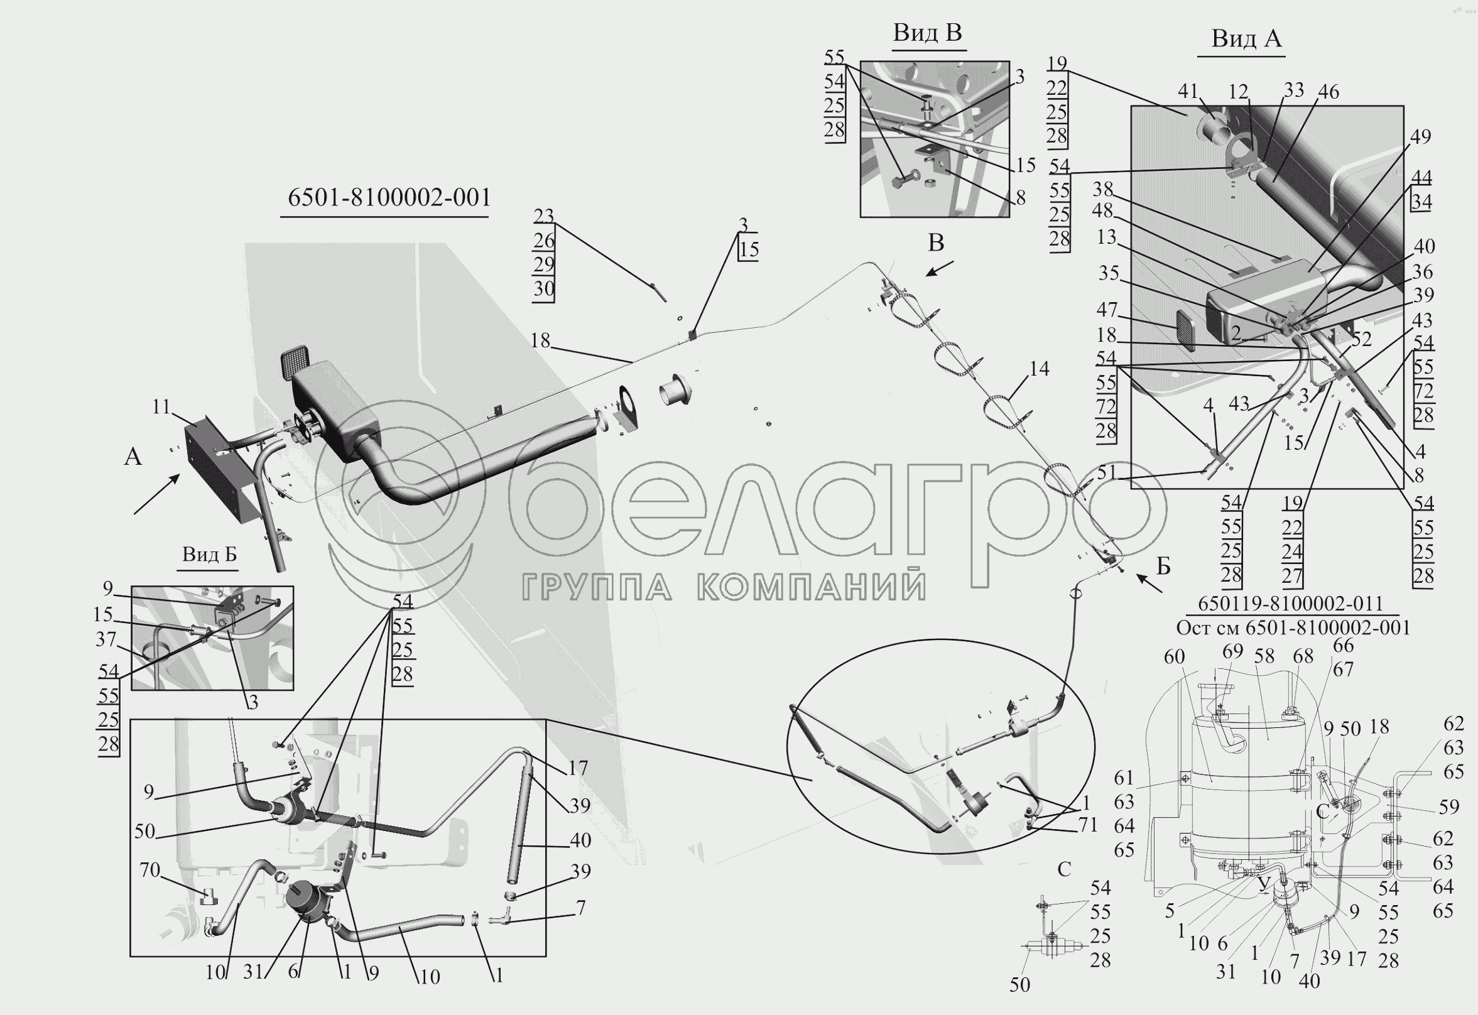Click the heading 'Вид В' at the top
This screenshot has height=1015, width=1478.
pyautogui.click(x=927, y=33)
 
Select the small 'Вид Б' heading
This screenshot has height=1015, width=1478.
pyautogui.click(x=209, y=555)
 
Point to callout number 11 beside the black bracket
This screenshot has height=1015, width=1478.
pyautogui.click(x=161, y=406)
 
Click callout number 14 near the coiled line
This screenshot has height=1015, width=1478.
pyautogui.click(x=1038, y=368)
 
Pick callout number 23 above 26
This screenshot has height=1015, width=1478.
pyautogui.click(x=544, y=216)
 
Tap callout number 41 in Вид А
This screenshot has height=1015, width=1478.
pyautogui.click(x=1187, y=92)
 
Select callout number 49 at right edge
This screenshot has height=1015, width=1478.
pyautogui.click(x=1420, y=137)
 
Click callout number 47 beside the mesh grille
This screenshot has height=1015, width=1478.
pyautogui.click(x=1107, y=309)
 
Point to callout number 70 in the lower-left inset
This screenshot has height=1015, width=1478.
pyautogui.click(x=149, y=869)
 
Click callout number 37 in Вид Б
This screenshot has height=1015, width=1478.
pyautogui.click(x=106, y=639)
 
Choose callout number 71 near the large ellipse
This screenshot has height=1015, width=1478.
pyautogui.click(x=1088, y=824)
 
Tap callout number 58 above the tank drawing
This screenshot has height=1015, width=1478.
pyautogui.click(x=1264, y=656)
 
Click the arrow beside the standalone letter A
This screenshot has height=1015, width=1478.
pyautogui.click(x=156, y=495)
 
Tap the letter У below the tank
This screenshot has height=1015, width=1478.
pyautogui.click(x=1264, y=883)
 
